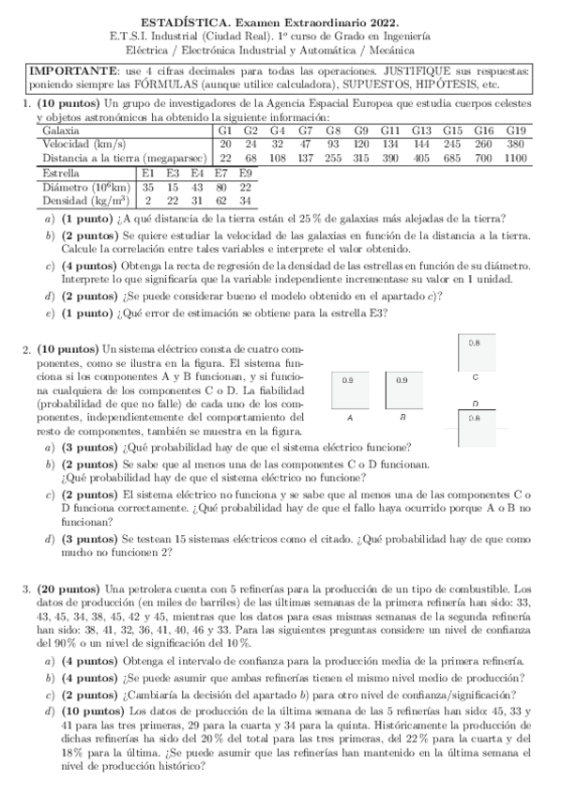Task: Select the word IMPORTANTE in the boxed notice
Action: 68,71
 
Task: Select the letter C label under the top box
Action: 476,376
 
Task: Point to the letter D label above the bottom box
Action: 476,403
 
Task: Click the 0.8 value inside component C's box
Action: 475,344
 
